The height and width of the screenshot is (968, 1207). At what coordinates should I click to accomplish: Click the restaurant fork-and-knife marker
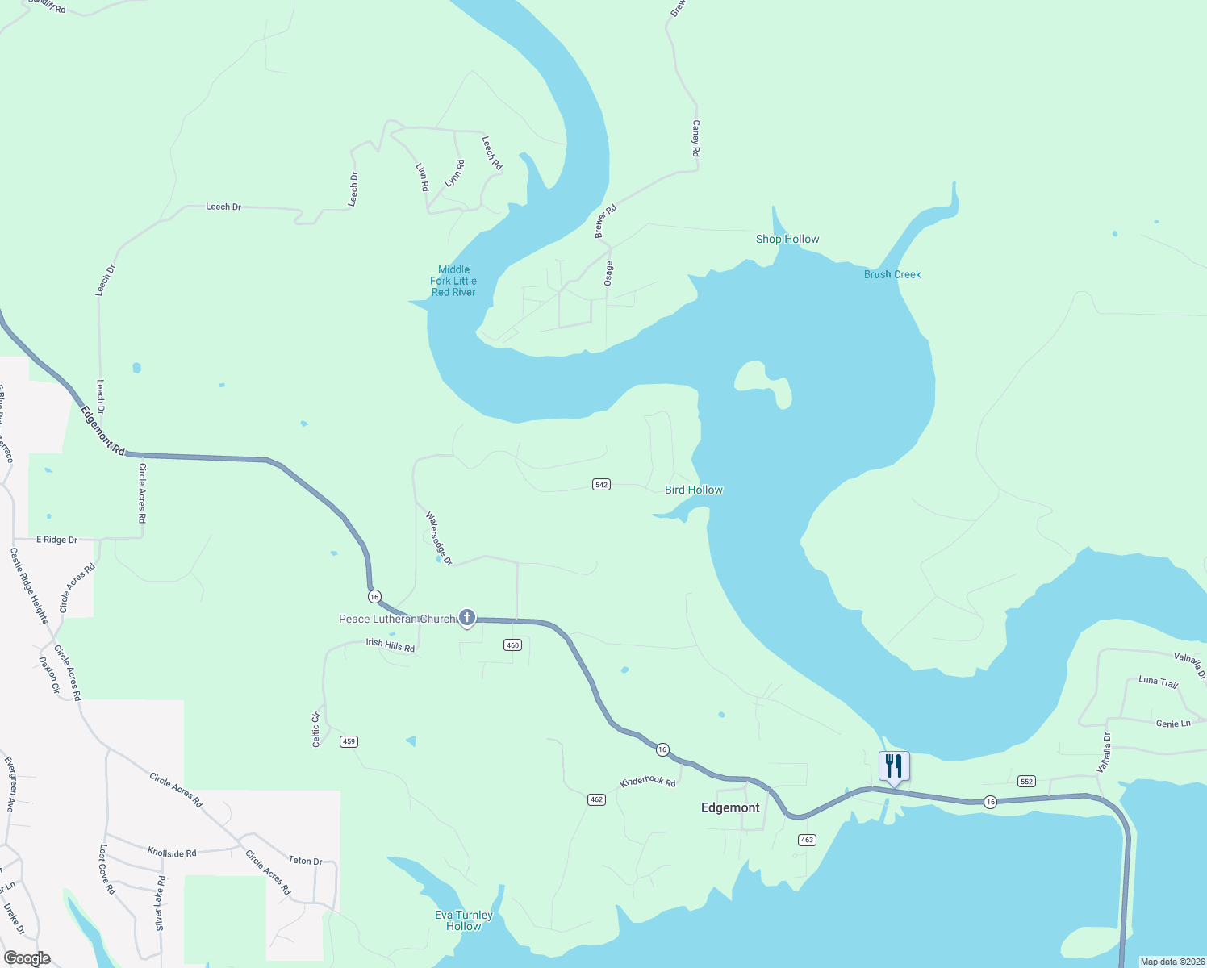(x=894, y=765)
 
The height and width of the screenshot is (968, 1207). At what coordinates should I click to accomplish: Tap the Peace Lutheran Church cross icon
(x=466, y=618)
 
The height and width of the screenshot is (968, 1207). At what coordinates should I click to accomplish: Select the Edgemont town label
(x=730, y=807)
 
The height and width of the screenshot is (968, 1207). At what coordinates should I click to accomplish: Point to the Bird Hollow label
(x=694, y=490)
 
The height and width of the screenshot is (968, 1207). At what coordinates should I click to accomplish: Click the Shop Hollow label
(x=787, y=239)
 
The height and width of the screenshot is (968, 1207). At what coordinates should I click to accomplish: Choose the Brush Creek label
(x=892, y=274)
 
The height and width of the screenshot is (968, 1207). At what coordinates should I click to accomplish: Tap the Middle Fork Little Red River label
(x=453, y=281)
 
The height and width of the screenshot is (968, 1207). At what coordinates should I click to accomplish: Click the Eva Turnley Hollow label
(x=464, y=920)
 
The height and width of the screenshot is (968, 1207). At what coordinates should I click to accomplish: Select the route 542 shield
(x=601, y=484)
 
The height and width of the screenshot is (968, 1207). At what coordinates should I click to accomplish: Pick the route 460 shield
(x=512, y=645)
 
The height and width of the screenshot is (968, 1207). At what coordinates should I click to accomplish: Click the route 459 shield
(x=349, y=741)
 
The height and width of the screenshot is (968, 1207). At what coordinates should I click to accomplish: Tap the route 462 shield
(x=596, y=799)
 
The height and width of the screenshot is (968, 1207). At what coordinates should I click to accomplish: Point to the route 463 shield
(x=807, y=840)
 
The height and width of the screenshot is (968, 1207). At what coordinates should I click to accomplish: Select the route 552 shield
(x=1026, y=781)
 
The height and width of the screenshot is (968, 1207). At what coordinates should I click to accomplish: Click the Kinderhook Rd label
(x=647, y=782)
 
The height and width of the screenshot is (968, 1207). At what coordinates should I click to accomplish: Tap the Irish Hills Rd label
(x=390, y=645)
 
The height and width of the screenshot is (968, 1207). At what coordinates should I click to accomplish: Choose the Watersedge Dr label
(x=439, y=538)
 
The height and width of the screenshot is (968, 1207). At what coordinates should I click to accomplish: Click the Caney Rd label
(x=696, y=138)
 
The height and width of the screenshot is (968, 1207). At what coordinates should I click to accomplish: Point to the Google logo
(x=27, y=958)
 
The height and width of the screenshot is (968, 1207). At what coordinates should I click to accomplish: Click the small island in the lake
(x=762, y=382)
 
